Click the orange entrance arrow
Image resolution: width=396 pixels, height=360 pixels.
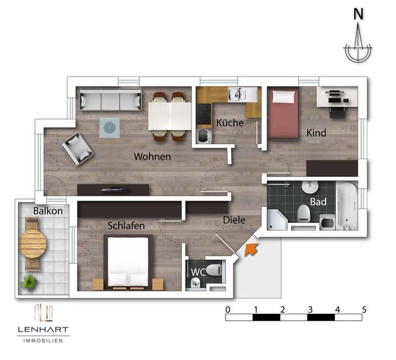(x=251, y=249)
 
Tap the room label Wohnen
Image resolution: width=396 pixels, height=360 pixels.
(x=152, y=157)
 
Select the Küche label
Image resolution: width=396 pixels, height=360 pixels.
(x=230, y=123)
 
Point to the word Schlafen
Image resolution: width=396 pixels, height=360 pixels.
(x=126, y=226)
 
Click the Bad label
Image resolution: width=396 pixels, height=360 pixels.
(x=318, y=201)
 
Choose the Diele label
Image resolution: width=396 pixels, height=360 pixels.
(x=234, y=220)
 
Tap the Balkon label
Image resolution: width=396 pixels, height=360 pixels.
(x=47, y=211)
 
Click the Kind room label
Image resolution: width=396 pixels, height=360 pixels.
(x=316, y=133)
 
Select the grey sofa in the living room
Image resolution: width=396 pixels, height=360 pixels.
(x=110, y=100)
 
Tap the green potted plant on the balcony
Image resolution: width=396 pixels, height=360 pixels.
(x=29, y=283)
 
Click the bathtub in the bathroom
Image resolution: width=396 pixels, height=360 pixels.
(x=346, y=205)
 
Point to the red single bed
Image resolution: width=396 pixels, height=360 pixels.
(x=284, y=114)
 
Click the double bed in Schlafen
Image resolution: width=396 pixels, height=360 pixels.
(x=128, y=262)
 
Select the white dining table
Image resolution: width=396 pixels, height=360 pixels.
(x=169, y=116)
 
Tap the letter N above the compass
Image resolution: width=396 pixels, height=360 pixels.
(x=358, y=15)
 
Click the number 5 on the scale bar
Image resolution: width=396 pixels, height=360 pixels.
(x=364, y=309)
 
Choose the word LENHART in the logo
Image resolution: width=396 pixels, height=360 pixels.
(x=42, y=330)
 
